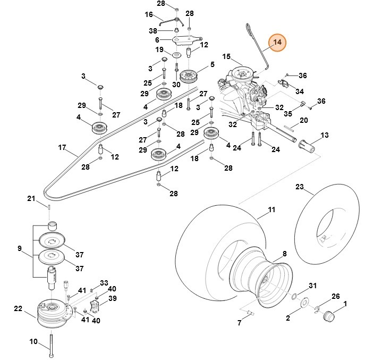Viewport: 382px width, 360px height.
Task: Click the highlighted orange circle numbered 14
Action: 277,43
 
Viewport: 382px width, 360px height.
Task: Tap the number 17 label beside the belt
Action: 62,147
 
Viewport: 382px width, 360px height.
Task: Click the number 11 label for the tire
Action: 271,210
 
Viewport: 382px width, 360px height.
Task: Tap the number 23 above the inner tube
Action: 300,187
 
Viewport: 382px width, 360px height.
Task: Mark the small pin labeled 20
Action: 292,127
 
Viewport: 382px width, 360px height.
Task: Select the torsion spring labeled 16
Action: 173,21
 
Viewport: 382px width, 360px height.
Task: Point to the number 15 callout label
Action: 226,56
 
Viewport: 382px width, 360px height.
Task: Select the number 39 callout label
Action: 112,298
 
